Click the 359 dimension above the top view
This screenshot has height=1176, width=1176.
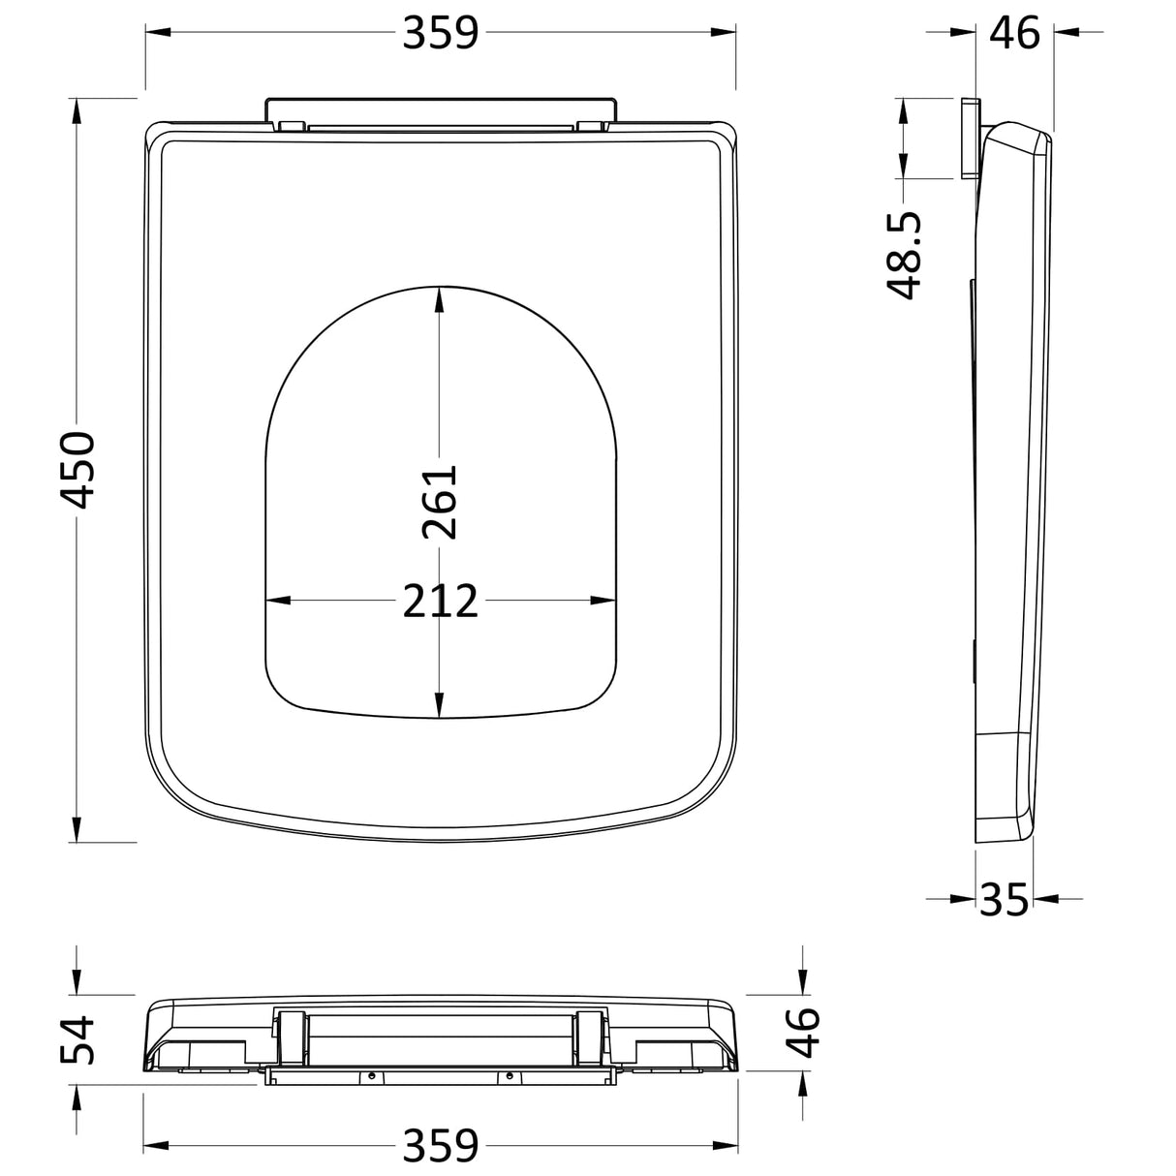coord(441,33)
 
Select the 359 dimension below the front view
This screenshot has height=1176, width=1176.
coord(441,1145)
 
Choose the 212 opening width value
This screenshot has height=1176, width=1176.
coord(441,602)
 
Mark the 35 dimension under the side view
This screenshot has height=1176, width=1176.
coord(1003,900)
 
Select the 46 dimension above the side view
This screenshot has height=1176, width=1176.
coord(1014,33)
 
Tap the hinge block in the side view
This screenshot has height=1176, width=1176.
coord(971,137)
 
